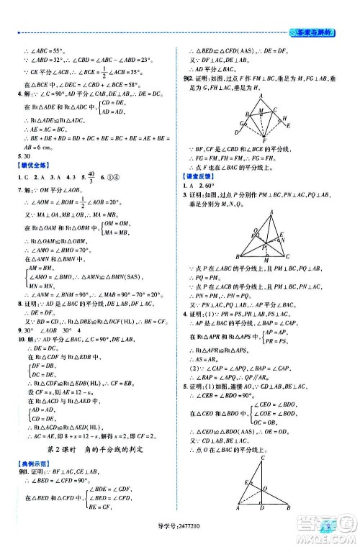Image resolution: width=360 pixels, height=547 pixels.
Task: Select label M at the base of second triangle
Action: [x=268, y=259]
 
